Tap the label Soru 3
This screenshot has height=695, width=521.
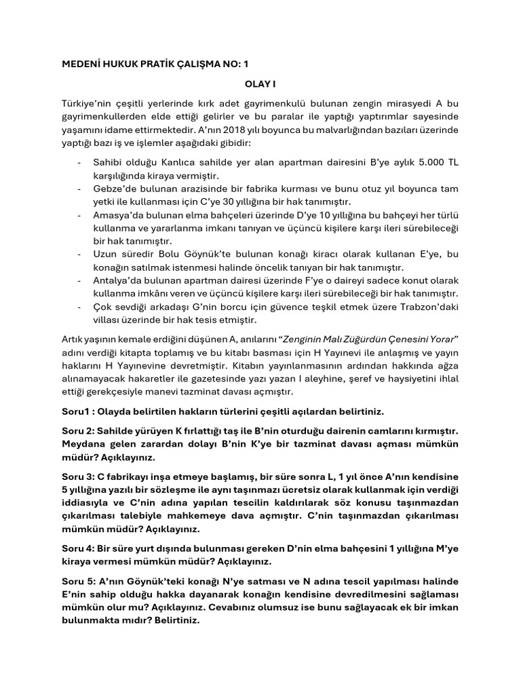[77, 477]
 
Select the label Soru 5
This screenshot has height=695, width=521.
[77, 582]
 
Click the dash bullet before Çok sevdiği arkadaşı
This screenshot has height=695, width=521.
[80, 307]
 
